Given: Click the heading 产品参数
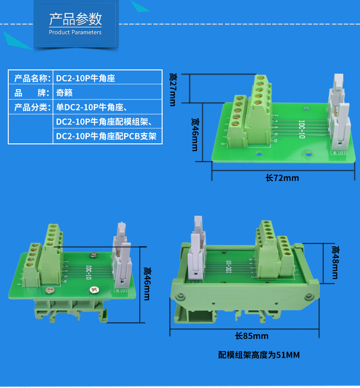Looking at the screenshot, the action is (75, 19).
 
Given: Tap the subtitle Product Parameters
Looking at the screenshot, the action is (75, 33).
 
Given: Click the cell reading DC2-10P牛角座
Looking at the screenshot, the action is (85, 78).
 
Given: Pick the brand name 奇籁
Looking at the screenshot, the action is (64, 93).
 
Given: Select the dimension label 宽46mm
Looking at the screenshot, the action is (194, 134).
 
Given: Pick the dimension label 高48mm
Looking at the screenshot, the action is (335, 262).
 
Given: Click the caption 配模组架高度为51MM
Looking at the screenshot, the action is (260, 355).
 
